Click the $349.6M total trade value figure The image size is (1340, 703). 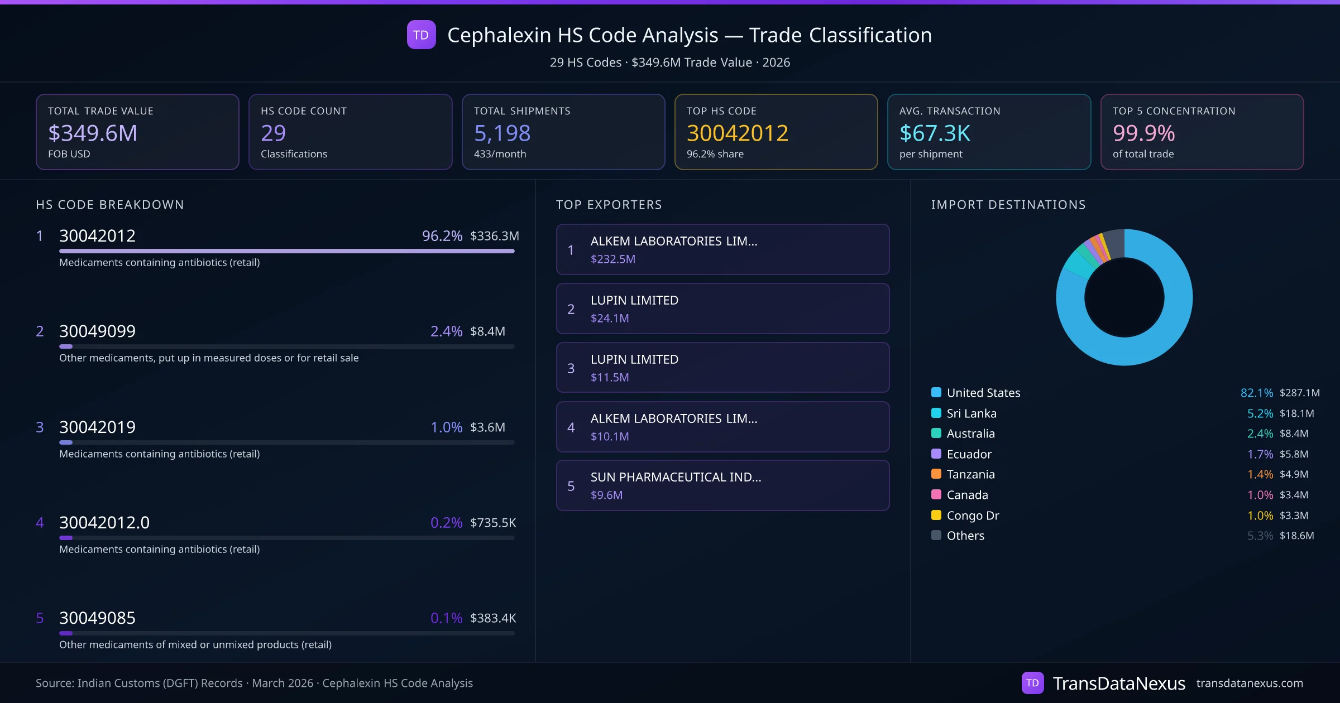click(93, 133)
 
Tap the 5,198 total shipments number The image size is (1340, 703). click(502, 133)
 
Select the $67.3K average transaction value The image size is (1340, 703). click(935, 133)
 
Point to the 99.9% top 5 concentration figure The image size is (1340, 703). click(1143, 133)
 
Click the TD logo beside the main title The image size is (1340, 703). click(421, 35)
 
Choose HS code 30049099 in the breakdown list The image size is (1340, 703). click(97, 331)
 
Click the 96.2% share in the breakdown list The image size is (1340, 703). click(442, 236)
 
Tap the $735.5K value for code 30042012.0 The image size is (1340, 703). click(493, 523)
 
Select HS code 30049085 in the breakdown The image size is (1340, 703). click(97, 618)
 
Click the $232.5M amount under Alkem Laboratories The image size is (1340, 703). click(612, 259)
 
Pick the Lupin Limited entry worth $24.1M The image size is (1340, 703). click(634, 300)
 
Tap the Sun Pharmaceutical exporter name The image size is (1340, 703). click(676, 477)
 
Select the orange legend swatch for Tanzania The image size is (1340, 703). click(936, 474)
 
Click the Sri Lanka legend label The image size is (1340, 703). click(971, 413)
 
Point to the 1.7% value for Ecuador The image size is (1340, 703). click(1260, 454)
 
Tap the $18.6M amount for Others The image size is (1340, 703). click(1296, 536)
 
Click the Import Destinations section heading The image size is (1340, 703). click(1008, 205)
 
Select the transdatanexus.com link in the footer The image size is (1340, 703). click(1250, 683)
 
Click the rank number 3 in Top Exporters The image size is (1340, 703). click(571, 368)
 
